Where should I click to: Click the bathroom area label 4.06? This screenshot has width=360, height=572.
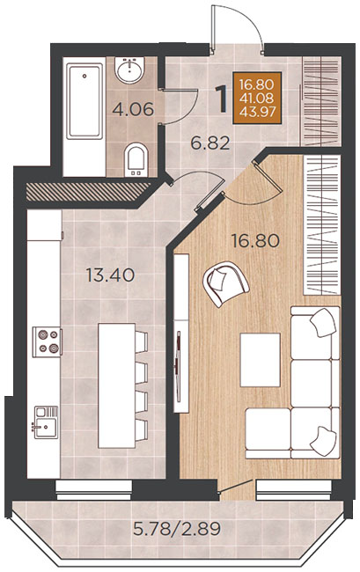(x=133, y=109)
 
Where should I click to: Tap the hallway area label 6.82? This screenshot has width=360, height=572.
(x=210, y=143)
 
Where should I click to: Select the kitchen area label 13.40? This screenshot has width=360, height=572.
(x=111, y=275)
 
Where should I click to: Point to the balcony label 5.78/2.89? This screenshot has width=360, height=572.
(x=177, y=529)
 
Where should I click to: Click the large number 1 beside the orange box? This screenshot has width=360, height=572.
(x=222, y=99)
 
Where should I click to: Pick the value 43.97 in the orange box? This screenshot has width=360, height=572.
(x=257, y=111)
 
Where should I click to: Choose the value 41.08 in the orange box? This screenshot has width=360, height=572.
(x=257, y=98)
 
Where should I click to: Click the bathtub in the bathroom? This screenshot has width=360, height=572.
(x=84, y=101)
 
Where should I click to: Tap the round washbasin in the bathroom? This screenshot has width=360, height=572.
(x=129, y=70)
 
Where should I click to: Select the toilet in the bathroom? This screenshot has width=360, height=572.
(x=136, y=159)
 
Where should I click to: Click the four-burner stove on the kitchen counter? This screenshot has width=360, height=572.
(x=47, y=341)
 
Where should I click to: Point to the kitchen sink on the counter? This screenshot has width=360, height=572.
(x=46, y=422)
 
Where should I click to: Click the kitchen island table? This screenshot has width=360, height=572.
(x=117, y=385)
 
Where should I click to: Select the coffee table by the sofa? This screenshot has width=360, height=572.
(x=260, y=360)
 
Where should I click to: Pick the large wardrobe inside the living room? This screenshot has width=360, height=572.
(x=322, y=224)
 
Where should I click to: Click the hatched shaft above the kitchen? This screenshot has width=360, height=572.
(x=88, y=192)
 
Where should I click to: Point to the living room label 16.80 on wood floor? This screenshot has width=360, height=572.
(x=255, y=241)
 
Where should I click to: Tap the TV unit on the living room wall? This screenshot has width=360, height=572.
(x=181, y=334)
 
